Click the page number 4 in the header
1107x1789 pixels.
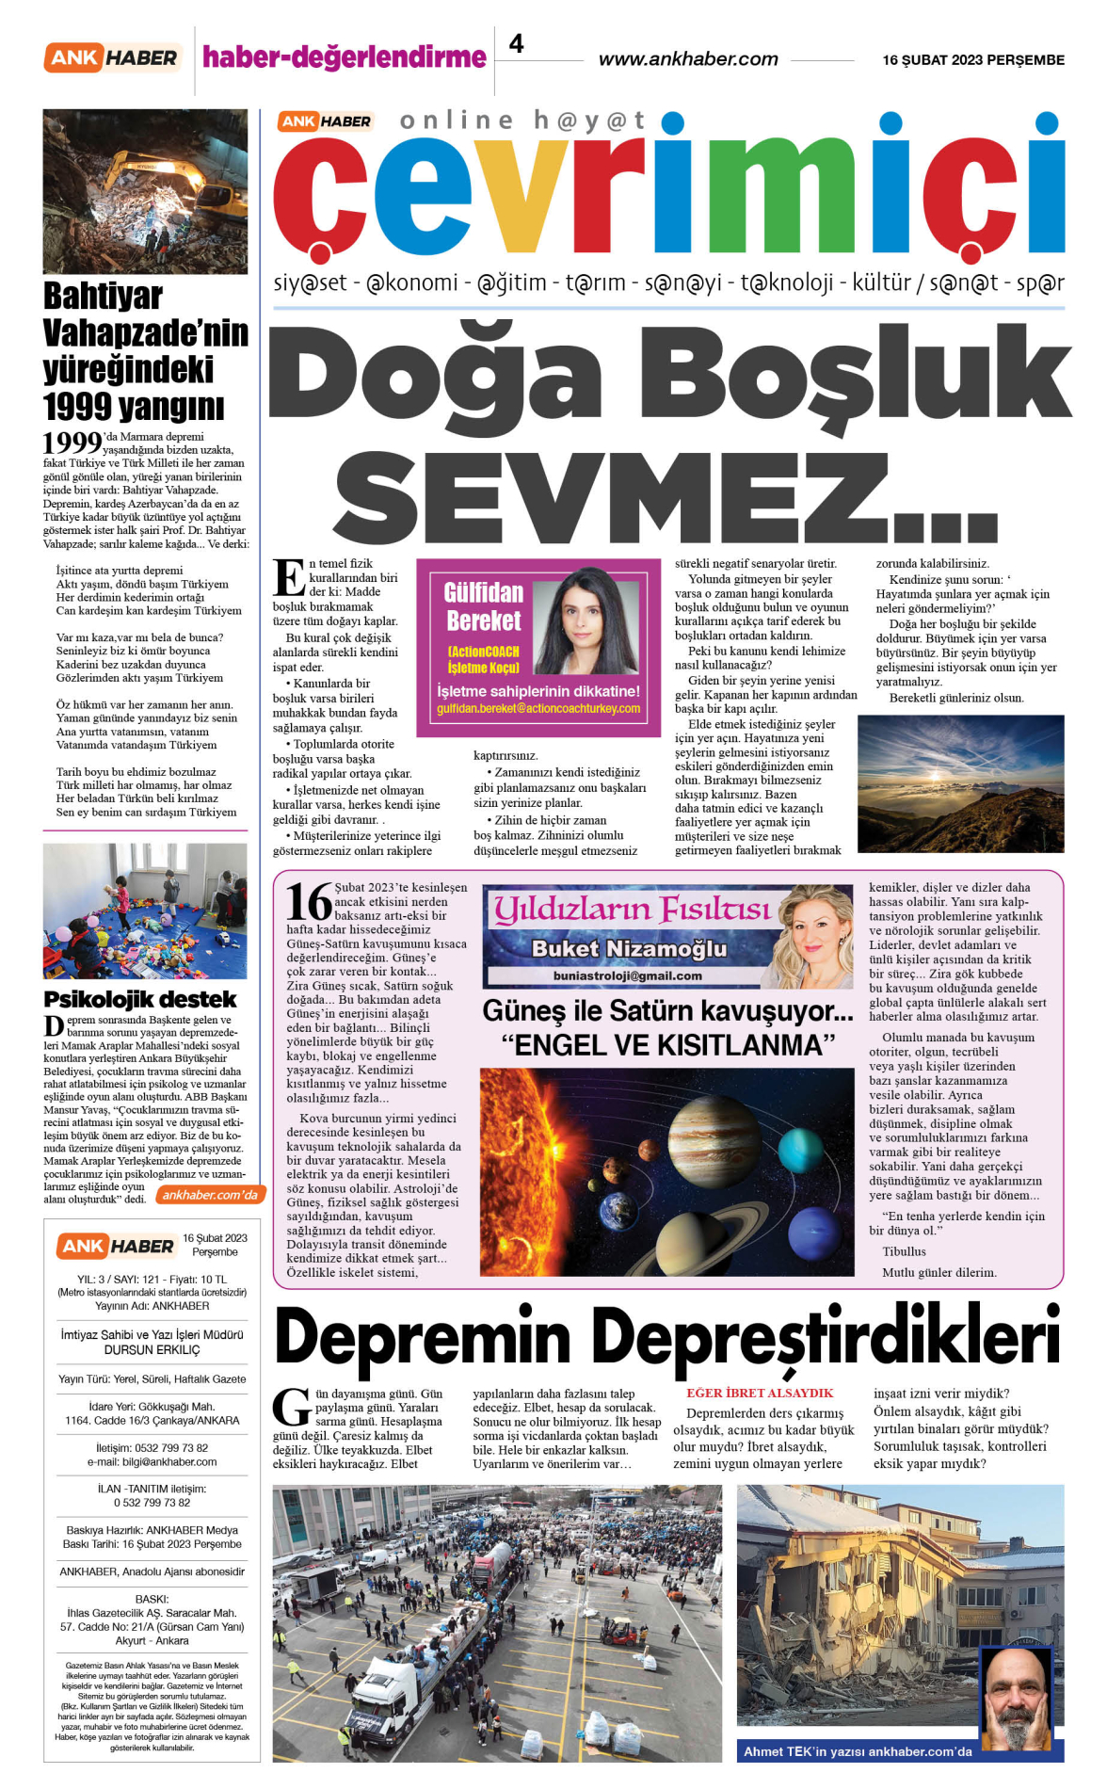click(516, 43)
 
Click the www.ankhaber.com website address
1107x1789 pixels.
click(688, 59)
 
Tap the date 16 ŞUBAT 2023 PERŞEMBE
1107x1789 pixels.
click(972, 60)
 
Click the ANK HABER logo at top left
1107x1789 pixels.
click(112, 58)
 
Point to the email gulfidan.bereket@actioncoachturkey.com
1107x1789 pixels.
click(537, 708)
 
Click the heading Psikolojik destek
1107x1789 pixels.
click(139, 999)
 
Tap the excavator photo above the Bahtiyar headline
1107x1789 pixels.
click(145, 191)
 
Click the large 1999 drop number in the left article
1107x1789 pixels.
click(72, 442)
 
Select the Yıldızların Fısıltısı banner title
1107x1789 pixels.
click(632, 909)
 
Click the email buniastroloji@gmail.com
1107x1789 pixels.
click(627, 975)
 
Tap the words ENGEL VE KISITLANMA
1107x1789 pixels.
click(669, 1045)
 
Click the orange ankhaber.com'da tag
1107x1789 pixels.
click(209, 1195)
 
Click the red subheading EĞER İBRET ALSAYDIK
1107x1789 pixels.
click(760, 1393)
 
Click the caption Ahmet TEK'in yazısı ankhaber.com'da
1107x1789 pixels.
click(857, 1751)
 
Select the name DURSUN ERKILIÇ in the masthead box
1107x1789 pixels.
click(152, 1349)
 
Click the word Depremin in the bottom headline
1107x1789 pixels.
click(423, 1338)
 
